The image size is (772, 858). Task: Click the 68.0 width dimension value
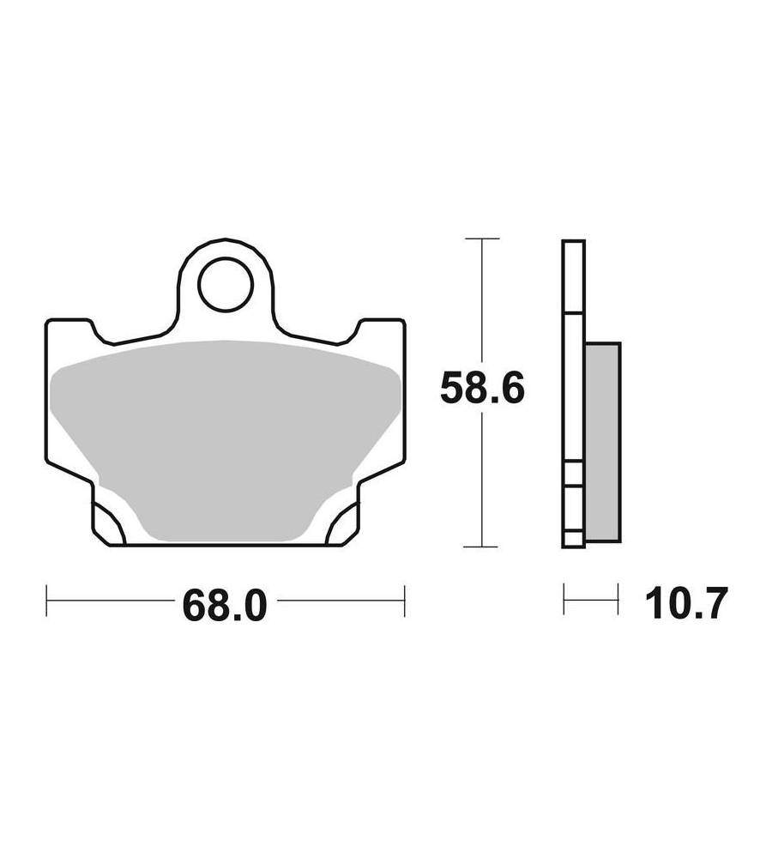225,605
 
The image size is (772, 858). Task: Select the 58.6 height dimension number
482,388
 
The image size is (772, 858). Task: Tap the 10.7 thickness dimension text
686,603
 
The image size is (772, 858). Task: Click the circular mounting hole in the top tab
226,285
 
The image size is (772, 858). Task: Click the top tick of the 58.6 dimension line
481,239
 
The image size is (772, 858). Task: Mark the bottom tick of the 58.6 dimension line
480,546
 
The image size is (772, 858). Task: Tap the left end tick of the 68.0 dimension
47,601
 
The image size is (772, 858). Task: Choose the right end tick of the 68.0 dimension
404,601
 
